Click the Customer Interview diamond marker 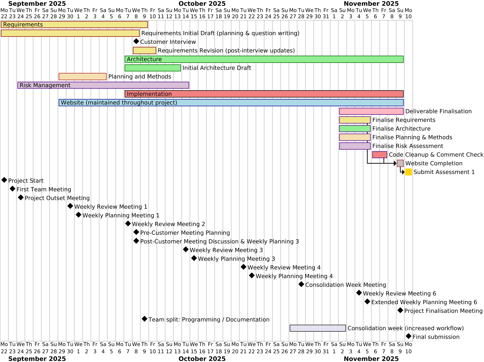pyautogui.click(x=136, y=41)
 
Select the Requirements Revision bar pyautogui.click(x=144, y=51)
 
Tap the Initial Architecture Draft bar pyautogui.click(x=153, y=68)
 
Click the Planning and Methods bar pyautogui.click(x=83, y=77)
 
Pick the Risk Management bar pyautogui.click(x=103, y=85)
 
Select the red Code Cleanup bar pyautogui.click(x=380, y=155)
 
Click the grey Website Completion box pyautogui.click(x=400, y=163)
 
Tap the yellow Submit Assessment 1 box pyautogui.click(x=408, y=172)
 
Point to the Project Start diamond pyautogui.click(x=4, y=180)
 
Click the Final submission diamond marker pyautogui.click(x=408, y=336)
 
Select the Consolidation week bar pyautogui.click(x=318, y=328)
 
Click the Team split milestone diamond pyautogui.click(x=144, y=319)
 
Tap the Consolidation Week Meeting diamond pyautogui.click(x=301, y=284)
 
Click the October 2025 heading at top pyautogui.click(x=202, y=4)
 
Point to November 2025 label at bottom pyautogui.click(x=371, y=359)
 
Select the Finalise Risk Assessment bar pyautogui.click(x=355, y=146)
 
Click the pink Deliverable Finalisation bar pyautogui.click(x=371, y=111)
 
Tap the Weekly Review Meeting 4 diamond pyautogui.click(x=243, y=267)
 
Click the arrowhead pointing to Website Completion pyautogui.click(x=395, y=163)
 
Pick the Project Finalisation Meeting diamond pyautogui.click(x=400, y=310)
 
